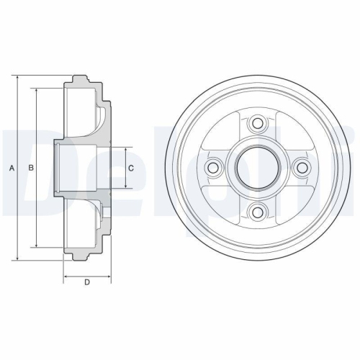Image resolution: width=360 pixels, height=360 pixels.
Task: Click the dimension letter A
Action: (x=12, y=168)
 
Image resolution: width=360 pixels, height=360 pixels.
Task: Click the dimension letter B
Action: (x=30, y=168)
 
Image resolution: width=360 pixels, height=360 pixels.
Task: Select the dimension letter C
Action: (x=130, y=168)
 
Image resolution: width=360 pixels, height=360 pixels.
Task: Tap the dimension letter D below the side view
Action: (x=87, y=282)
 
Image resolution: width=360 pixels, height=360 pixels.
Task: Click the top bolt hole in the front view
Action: (x=256, y=124)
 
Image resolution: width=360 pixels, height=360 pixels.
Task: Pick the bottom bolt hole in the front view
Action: (x=256, y=211)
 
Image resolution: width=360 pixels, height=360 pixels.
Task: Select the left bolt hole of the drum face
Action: (x=213, y=168)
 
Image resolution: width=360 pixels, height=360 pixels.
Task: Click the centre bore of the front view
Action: (x=256, y=168)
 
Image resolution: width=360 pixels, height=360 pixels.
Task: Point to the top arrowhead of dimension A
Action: (x=16, y=76)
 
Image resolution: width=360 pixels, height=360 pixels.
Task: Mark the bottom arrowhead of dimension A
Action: (x=16, y=260)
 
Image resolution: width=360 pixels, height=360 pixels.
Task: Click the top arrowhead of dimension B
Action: (x=35, y=89)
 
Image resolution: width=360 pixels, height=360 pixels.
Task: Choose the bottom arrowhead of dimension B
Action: (x=35, y=246)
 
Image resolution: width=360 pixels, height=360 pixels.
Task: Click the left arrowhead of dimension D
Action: (x=66, y=274)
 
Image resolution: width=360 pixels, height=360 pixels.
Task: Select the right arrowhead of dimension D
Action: (x=109, y=274)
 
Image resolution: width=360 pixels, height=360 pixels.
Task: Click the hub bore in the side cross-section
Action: (x=81, y=168)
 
